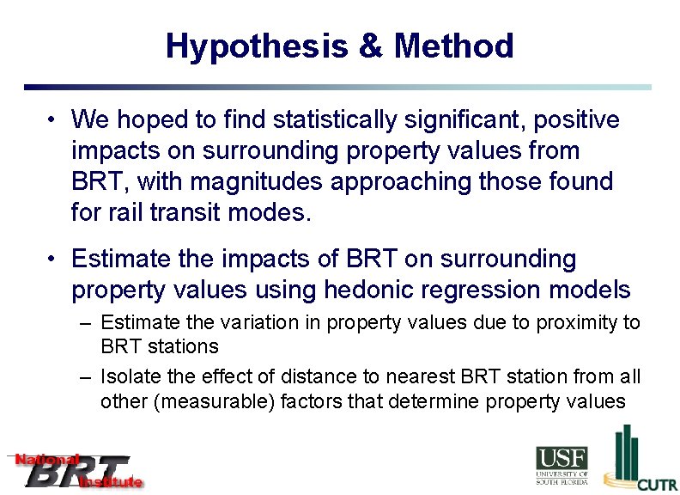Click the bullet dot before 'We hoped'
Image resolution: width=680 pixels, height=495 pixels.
click(x=52, y=120)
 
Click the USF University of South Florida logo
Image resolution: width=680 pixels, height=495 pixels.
click(x=562, y=465)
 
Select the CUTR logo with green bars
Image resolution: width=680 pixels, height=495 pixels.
click(x=640, y=460)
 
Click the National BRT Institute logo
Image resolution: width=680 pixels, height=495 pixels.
click(x=76, y=471)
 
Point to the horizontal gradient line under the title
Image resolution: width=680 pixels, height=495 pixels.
click(x=337, y=87)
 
